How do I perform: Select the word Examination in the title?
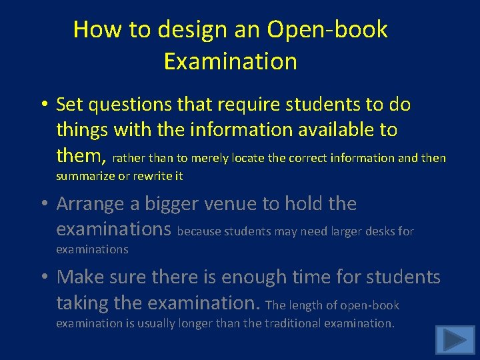tap(230, 61)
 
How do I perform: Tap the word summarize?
tap(85, 177)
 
